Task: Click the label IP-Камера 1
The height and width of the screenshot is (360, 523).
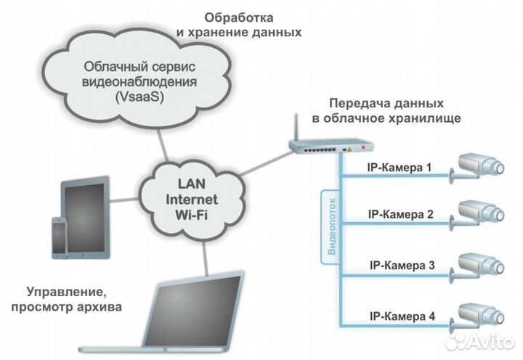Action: tap(400, 168)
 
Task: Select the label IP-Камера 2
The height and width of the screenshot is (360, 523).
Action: tap(400, 215)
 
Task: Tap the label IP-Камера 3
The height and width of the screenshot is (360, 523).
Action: tap(402, 265)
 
